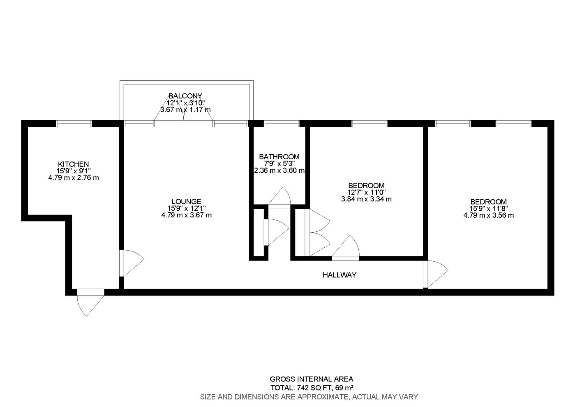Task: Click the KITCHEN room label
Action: (74, 164)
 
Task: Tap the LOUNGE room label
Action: (186, 202)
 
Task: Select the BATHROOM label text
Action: (279, 157)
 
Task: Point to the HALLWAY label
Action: (339, 275)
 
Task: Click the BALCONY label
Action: (185, 96)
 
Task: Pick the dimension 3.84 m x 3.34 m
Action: (366, 199)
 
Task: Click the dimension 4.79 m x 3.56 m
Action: (489, 215)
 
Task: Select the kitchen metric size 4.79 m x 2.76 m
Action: (74, 177)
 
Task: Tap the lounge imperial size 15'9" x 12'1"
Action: (186, 208)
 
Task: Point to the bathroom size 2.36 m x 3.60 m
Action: (279, 170)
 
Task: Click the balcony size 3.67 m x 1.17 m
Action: (185, 110)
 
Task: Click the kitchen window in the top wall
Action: (74, 123)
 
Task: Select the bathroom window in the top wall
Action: (282, 123)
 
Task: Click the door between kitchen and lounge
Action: (132, 263)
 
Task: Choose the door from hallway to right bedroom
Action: (436, 274)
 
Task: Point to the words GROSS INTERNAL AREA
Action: (312, 379)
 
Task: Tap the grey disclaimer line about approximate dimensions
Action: (309, 397)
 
